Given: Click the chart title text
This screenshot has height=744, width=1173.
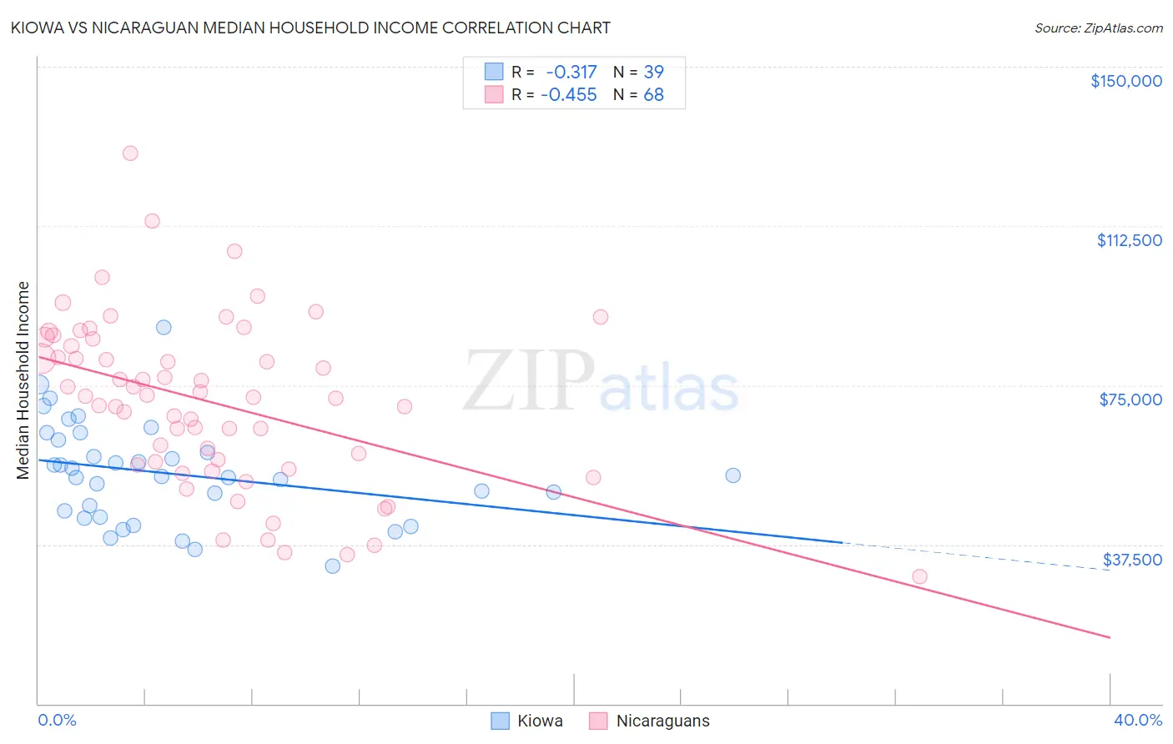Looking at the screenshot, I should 310,28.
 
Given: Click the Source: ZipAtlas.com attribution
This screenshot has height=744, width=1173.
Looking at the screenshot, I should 1098,28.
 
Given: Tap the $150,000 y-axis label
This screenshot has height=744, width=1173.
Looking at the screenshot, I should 1125,81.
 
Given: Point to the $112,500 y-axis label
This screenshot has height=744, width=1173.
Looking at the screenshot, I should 1129,240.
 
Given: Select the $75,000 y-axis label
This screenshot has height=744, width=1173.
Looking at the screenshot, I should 1130,400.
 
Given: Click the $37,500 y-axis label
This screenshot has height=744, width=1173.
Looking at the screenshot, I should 1131,560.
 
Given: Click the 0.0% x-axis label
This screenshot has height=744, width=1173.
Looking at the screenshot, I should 57,720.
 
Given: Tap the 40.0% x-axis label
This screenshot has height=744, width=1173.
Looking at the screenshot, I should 1137,720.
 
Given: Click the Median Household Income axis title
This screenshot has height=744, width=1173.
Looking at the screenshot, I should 23,380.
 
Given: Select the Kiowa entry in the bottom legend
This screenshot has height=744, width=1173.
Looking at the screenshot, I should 539,721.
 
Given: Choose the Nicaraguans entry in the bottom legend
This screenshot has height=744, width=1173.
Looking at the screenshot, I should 662,721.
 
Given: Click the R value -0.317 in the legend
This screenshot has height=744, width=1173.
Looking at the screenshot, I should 571,72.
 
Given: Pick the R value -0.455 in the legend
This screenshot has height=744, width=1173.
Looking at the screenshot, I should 569,94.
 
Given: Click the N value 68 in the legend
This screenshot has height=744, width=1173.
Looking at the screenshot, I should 653,94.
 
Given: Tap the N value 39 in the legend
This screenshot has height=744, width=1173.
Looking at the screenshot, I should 653,72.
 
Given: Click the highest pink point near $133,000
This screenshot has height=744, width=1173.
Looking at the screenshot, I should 130,153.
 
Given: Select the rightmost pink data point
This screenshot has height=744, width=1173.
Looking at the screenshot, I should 919,576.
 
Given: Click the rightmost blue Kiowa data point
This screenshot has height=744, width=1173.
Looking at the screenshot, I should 732,475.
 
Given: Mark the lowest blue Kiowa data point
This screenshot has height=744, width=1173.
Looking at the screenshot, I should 332,566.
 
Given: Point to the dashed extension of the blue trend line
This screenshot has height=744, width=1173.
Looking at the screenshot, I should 976,555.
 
